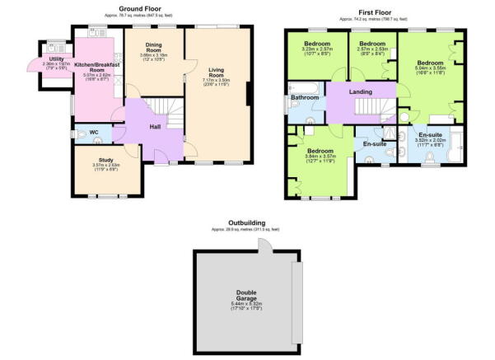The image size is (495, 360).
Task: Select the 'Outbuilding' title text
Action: (x=246, y=222)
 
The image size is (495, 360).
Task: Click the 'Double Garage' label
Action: (x=246, y=293)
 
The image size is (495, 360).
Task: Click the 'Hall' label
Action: (x=155, y=126)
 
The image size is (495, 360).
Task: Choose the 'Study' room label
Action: (x=105, y=160)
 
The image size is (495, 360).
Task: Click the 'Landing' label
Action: (x=361, y=92)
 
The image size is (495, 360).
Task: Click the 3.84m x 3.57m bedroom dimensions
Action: (x=320, y=159)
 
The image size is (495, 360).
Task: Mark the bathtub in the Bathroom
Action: (x=303, y=86)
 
